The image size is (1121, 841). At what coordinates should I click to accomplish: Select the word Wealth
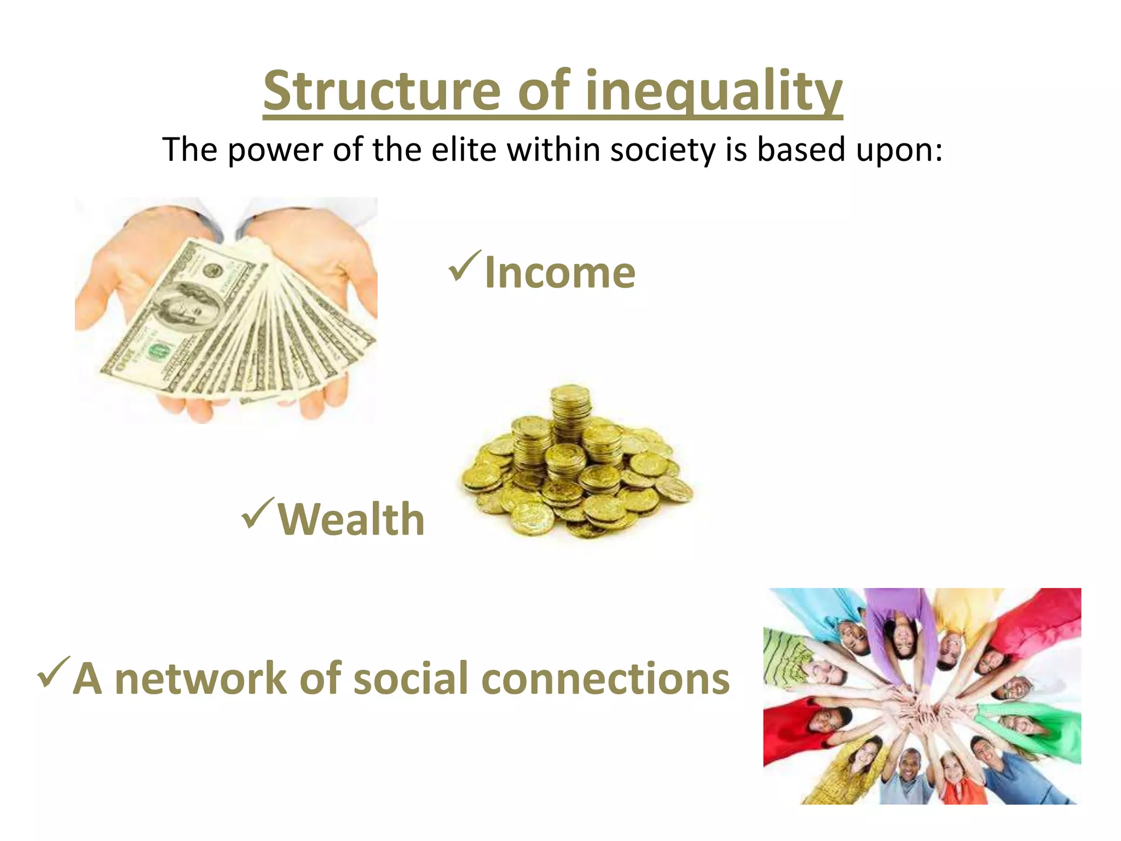pos(351,519)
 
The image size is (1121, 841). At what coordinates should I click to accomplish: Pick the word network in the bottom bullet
pos(201,678)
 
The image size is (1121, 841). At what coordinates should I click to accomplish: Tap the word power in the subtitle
pos(275,150)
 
